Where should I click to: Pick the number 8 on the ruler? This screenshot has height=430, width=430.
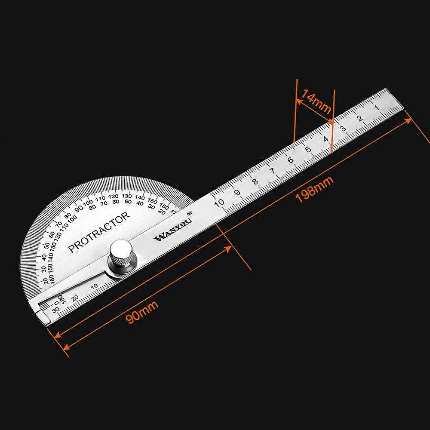click(x=255, y=181)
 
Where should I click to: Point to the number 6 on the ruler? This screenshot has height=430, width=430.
click(x=290, y=160)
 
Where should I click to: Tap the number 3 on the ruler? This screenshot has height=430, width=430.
click(x=343, y=128)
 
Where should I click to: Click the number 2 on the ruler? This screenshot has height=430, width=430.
click(x=360, y=118)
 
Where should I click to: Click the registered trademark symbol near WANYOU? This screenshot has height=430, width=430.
click(x=189, y=212)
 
